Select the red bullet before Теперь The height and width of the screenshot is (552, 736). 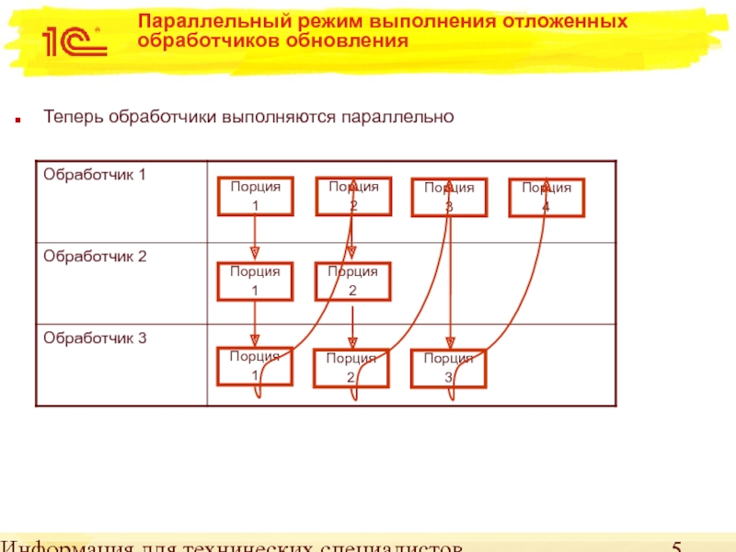pos(17,120)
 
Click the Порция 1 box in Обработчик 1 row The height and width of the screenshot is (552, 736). pos(255,196)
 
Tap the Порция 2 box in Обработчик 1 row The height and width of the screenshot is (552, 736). pos(353,196)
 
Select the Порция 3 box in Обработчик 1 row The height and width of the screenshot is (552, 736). pos(449,197)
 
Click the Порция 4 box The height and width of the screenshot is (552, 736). pos(546,197)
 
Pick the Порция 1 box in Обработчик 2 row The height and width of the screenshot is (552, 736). pos(255,281)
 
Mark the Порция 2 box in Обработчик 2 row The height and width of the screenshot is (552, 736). pos(352,281)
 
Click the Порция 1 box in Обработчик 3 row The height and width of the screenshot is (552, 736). pos(255,366)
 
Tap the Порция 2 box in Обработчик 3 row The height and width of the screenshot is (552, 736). pos(351,368)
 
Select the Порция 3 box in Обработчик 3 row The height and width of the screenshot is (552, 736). pos(448,368)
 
